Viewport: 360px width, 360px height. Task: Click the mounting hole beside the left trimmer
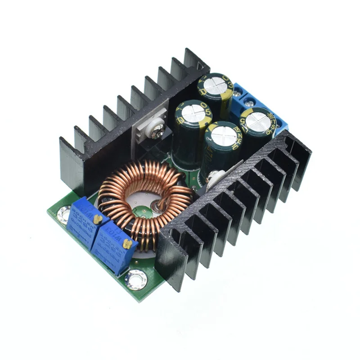pyautogui.click(x=64, y=214)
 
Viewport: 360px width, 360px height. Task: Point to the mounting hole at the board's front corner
pyautogui.click(x=135, y=279)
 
